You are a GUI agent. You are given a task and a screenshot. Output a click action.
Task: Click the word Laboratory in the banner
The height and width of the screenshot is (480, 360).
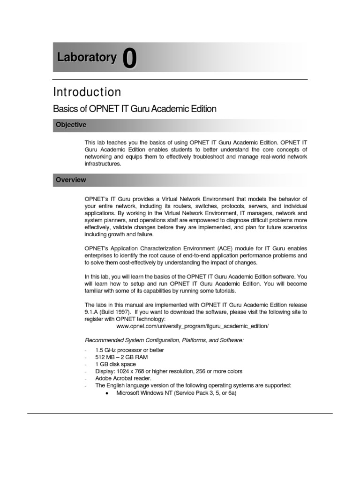(87, 58)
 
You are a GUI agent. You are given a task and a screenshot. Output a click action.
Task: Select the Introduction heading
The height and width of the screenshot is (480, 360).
(87, 92)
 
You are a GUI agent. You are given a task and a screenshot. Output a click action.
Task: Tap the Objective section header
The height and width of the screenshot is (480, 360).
(71, 125)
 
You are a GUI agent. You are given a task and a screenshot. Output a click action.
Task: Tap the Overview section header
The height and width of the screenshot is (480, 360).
(71, 180)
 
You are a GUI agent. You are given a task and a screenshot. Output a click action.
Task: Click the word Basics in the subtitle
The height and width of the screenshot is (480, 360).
(67, 109)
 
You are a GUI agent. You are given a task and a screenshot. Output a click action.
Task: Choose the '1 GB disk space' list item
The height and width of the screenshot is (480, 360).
(115, 364)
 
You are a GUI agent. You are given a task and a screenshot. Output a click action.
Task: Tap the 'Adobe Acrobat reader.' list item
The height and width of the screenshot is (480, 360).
(123, 378)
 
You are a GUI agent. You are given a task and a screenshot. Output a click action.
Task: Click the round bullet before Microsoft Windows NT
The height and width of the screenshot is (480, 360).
(107, 393)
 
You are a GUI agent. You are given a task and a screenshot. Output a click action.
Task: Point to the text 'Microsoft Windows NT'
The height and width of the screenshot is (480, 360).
(146, 393)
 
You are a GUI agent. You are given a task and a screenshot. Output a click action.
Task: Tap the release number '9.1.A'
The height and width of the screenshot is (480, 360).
(91, 312)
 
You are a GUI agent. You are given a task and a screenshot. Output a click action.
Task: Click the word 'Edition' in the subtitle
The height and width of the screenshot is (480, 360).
(200, 109)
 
